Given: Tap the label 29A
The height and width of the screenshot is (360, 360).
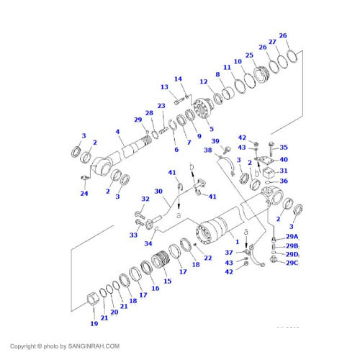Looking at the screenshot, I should click(292, 237).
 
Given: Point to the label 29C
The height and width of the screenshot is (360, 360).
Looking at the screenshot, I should click(292, 264).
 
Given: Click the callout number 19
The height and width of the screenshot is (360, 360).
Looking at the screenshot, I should click(94, 324).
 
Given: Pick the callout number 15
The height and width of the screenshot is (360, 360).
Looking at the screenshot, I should click(168, 282).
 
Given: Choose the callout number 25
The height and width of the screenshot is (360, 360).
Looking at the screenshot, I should click(249, 55).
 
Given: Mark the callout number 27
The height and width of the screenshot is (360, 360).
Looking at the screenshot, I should click(272, 42).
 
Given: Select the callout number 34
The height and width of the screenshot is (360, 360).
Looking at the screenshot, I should click(148, 243).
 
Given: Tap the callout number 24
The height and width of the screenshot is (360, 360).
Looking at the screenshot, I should click(84, 193).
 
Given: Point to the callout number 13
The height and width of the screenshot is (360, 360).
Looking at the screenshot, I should click(163, 87).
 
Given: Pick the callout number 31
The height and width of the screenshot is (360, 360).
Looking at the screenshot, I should click(283, 171).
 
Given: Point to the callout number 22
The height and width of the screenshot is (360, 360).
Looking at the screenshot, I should click(208, 258).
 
